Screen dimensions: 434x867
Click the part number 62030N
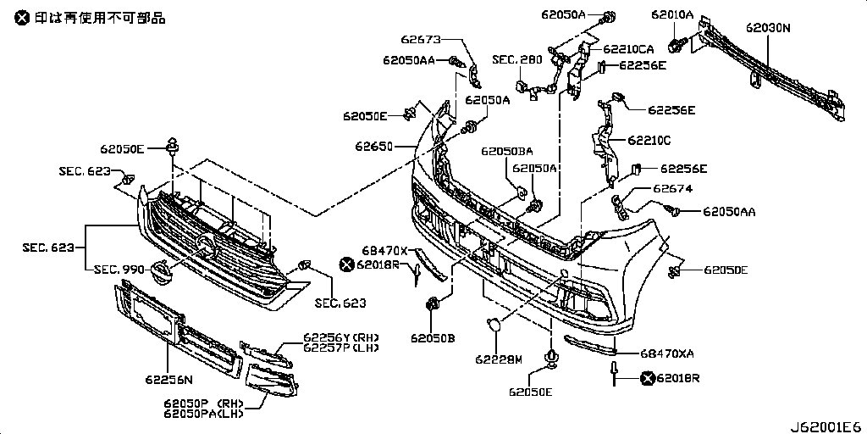(x=768, y=27)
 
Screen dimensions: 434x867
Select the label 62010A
(x=672, y=15)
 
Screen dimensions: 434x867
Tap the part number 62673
(x=421, y=39)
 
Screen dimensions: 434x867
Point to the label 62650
(x=374, y=147)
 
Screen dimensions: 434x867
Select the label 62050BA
(x=507, y=152)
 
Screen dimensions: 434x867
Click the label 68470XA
(x=667, y=353)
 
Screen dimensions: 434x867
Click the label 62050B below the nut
(x=433, y=337)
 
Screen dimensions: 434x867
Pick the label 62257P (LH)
(x=341, y=348)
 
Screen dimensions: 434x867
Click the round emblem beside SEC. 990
(x=160, y=271)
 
